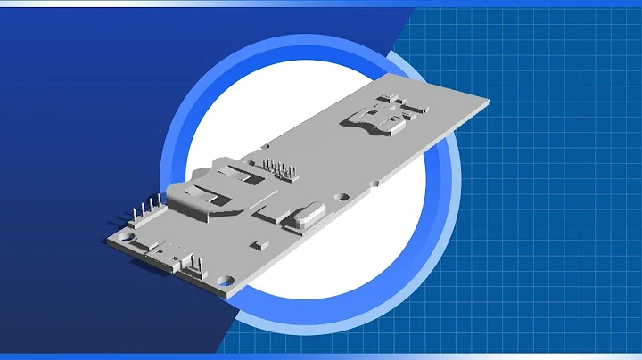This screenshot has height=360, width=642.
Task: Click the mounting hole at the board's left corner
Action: [128, 238]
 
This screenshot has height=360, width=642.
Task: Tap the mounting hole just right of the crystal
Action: [340, 197]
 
